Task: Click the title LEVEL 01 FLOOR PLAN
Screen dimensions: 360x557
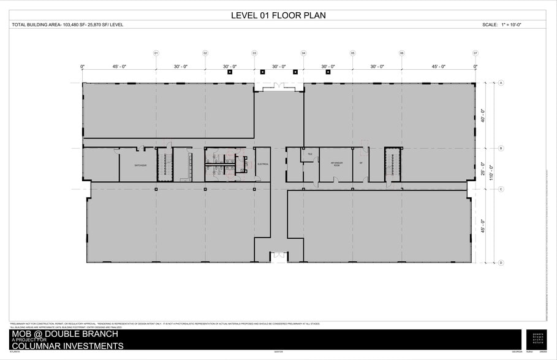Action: pyautogui.click(x=278, y=15)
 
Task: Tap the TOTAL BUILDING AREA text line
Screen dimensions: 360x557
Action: pyautogui.click(x=68, y=25)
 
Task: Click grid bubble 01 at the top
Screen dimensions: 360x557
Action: pyautogui.click(x=156, y=53)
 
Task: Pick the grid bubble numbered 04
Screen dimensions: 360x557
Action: pyautogui.click(x=303, y=53)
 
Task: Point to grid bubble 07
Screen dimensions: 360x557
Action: pyautogui.click(x=475, y=53)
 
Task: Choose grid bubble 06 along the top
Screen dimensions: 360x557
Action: pyautogui.click(x=401, y=53)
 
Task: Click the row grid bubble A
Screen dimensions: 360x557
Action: pyautogui.click(x=501, y=83)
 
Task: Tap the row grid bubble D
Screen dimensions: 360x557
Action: pyautogui.click(x=501, y=263)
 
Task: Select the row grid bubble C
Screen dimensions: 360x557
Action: pyautogui.click(x=501, y=189)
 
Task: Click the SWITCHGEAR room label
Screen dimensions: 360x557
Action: pyautogui.click(x=140, y=165)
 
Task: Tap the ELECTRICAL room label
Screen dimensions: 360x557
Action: pyautogui.click(x=263, y=164)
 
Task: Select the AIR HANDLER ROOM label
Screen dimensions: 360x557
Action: pyautogui.click(x=336, y=163)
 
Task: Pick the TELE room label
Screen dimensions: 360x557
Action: pyautogui.click(x=310, y=154)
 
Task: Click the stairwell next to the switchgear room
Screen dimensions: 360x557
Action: pyautogui.click(x=164, y=164)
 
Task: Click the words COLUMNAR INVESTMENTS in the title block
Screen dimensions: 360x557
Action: pyautogui.click(x=67, y=347)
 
